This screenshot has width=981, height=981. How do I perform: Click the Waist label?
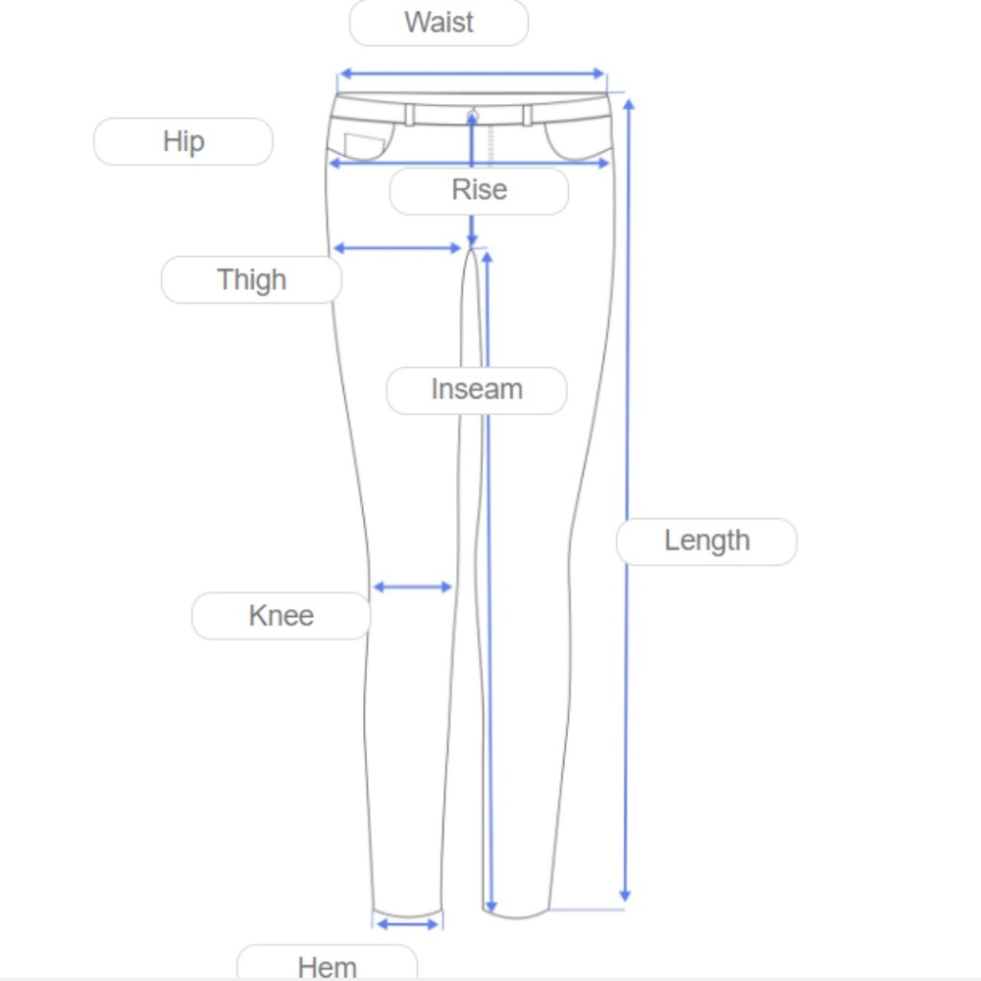point(439,23)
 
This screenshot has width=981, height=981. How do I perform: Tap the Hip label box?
point(183,141)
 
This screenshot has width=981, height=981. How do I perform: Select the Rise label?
point(480,190)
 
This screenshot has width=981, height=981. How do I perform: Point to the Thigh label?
point(251,280)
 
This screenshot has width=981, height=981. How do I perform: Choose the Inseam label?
point(477,389)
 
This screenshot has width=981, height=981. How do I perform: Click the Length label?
point(707,542)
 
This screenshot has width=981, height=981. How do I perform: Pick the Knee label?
point(282,616)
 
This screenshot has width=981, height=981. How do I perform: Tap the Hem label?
point(328,964)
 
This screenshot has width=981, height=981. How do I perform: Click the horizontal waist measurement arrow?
point(473,74)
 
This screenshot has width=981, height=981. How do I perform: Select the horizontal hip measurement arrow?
point(469,163)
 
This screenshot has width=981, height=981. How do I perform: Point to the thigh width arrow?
point(397,248)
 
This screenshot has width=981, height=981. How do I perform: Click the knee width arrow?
point(412,587)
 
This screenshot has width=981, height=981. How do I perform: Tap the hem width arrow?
point(408,924)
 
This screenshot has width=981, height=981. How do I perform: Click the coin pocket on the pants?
point(364,146)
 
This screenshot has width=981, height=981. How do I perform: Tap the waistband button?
point(473,116)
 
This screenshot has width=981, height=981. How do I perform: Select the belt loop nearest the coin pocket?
point(409,115)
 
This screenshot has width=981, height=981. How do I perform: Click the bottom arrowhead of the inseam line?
point(491,906)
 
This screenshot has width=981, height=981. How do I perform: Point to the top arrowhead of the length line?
point(629,104)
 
